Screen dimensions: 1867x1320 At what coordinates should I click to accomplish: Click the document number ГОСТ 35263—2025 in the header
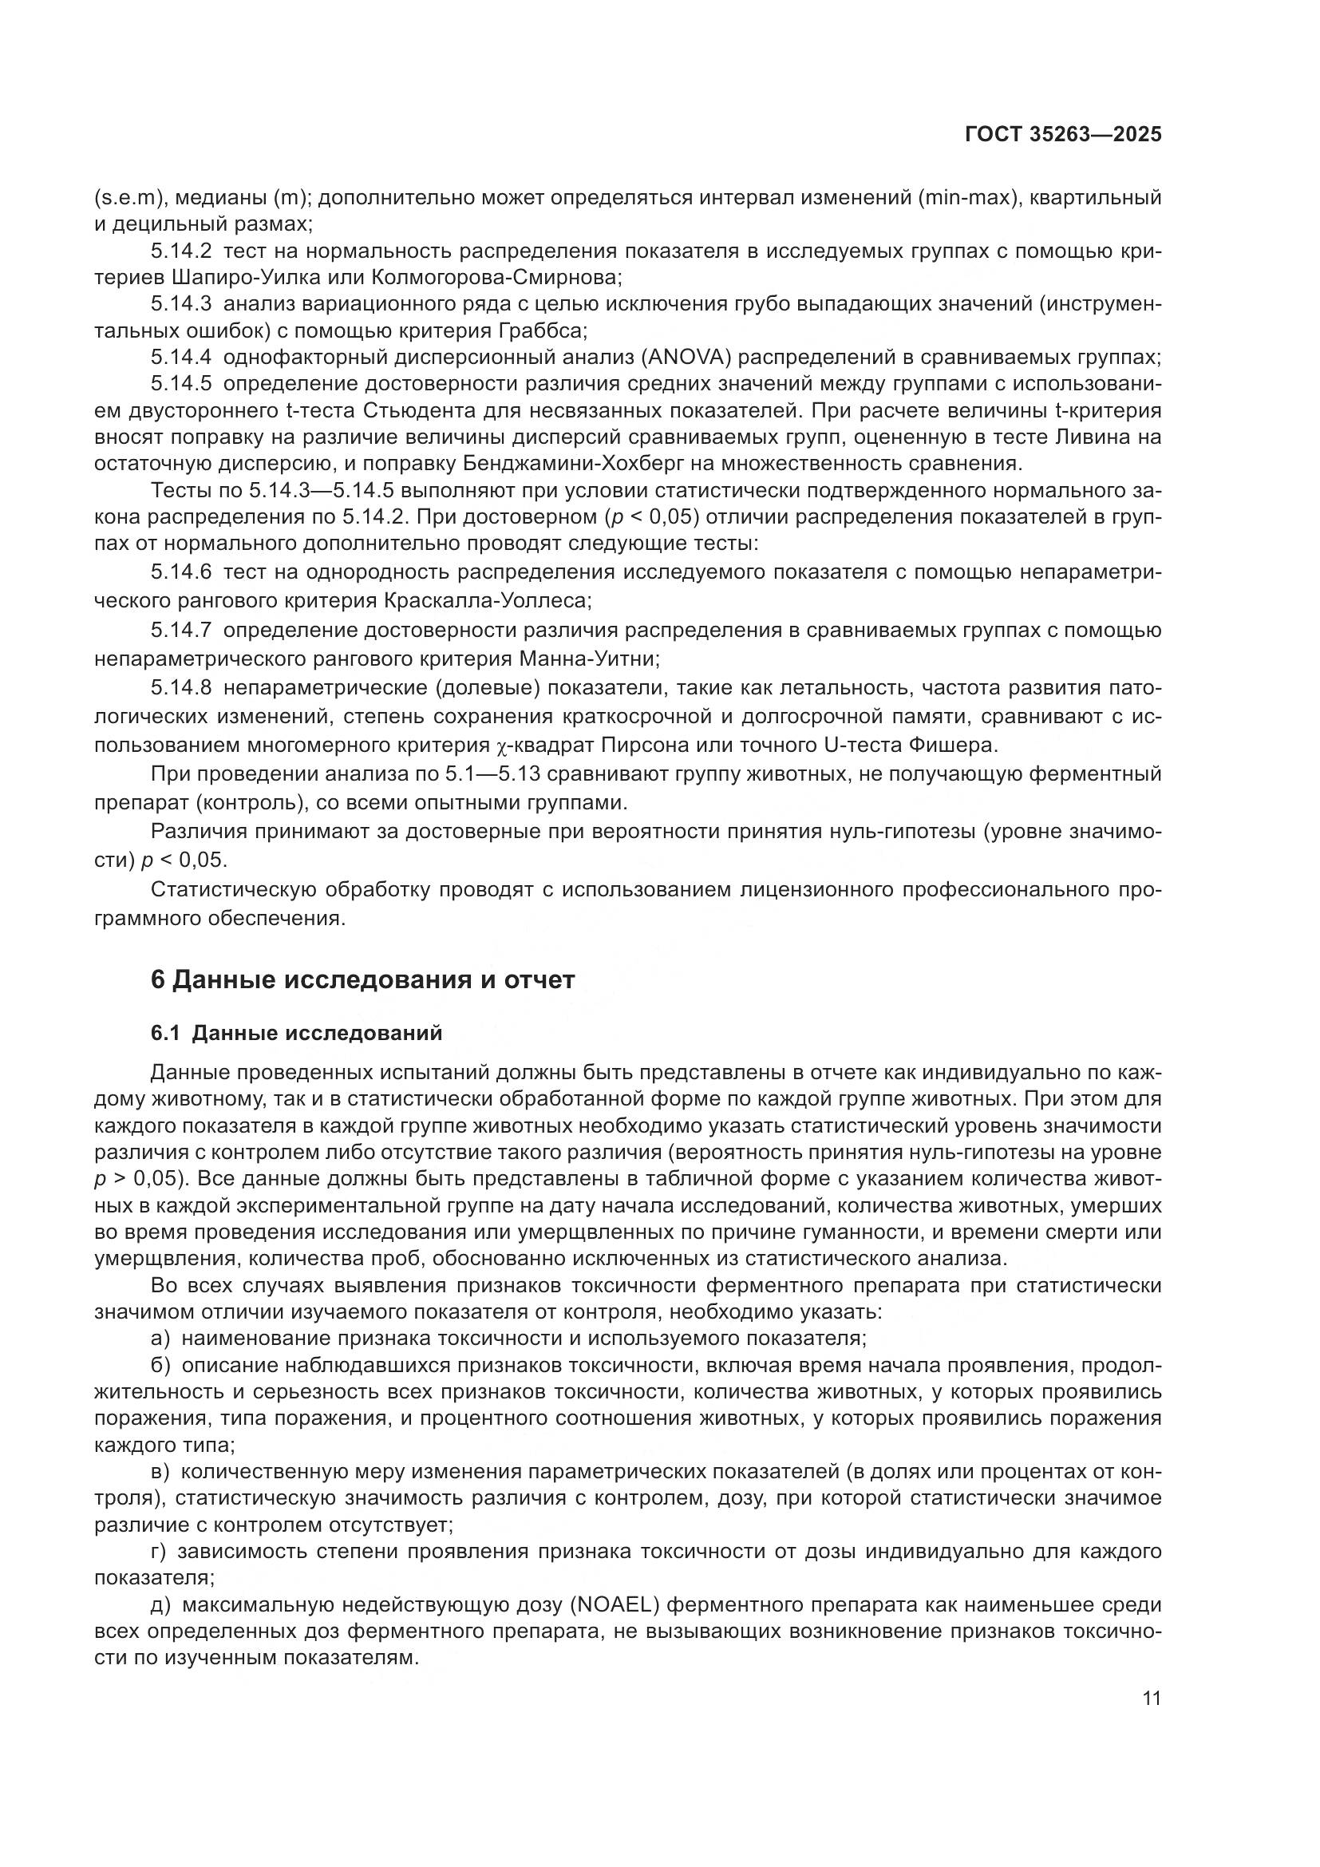click(x=1062, y=135)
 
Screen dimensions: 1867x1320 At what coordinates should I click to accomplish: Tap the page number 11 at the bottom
click(x=1151, y=1698)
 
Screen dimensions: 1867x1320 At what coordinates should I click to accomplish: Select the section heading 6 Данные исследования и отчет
click(x=362, y=979)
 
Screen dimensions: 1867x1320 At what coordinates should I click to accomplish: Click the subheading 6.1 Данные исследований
click(x=297, y=1033)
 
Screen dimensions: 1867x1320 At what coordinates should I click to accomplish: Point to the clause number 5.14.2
click(x=180, y=251)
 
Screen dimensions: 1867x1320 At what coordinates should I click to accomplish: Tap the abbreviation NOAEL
click(x=615, y=1605)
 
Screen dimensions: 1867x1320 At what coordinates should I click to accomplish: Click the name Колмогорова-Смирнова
click(x=496, y=278)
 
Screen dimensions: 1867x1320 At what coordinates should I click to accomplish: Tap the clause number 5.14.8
click(x=180, y=688)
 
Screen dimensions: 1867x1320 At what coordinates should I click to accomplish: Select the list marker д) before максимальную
click(x=160, y=1605)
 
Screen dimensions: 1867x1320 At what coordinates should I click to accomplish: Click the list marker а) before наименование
click(x=160, y=1338)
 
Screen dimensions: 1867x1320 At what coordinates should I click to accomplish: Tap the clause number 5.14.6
click(x=180, y=572)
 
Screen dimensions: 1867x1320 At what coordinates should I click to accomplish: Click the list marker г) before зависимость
click(x=159, y=1552)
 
